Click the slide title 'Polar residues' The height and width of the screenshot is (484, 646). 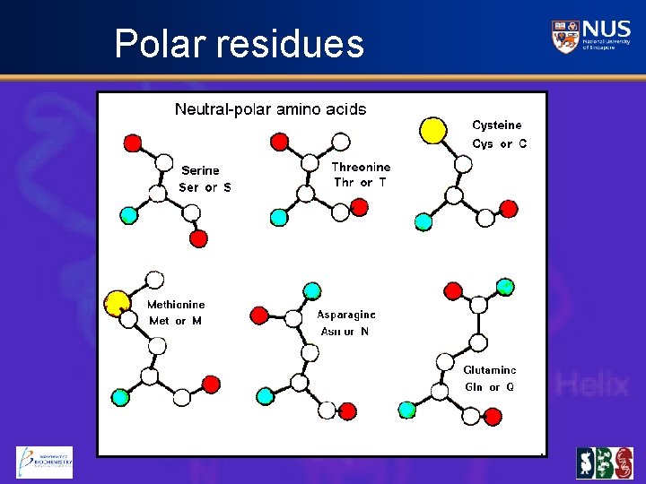(240, 43)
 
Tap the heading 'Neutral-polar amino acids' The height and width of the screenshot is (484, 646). (270, 109)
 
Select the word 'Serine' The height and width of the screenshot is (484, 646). (200, 170)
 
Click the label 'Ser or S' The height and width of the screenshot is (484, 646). (205, 187)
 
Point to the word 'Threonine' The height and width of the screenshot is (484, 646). (361, 167)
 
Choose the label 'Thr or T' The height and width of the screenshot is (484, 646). (360, 183)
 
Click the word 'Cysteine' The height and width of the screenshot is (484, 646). (496, 125)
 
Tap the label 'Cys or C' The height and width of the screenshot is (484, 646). (499, 143)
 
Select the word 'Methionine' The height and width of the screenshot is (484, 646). (176, 305)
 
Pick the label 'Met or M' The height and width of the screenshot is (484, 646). (175, 321)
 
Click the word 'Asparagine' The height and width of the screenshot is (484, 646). (346, 315)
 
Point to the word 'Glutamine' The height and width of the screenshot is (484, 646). (490, 370)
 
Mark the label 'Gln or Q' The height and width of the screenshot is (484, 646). (489, 387)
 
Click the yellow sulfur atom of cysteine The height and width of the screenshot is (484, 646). (433, 131)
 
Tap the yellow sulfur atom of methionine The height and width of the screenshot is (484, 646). (117, 304)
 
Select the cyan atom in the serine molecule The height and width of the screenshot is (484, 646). (129, 214)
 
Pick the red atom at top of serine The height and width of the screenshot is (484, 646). (133, 143)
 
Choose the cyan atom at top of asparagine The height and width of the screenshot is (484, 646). (312, 290)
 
